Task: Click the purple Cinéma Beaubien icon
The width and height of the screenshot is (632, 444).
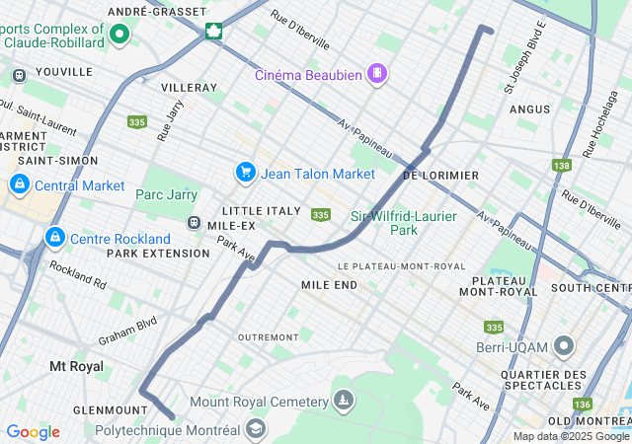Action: click(x=376, y=74)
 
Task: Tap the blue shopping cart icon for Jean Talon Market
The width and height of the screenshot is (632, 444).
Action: click(x=245, y=173)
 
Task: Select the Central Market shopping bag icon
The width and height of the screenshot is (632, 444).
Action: click(x=19, y=185)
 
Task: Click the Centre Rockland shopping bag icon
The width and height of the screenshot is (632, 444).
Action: click(x=54, y=238)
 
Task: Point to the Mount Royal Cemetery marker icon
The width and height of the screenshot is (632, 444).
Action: click(x=344, y=401)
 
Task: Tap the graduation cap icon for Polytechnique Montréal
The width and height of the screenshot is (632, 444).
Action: click(x=256, y=429)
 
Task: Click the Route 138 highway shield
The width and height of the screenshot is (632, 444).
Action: click(x=562, y=166)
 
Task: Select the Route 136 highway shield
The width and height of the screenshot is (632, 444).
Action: click(x=583, y=405)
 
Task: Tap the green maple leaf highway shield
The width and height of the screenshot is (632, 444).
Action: click(x=212, y=31)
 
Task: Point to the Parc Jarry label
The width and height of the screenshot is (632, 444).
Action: click(x=166, y=194)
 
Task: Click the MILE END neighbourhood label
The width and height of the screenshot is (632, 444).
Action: click(x=329, y=284)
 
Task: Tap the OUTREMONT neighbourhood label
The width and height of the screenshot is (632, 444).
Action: click(x=268, y=336)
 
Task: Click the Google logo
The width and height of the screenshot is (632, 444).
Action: click(x=33, y=432)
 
